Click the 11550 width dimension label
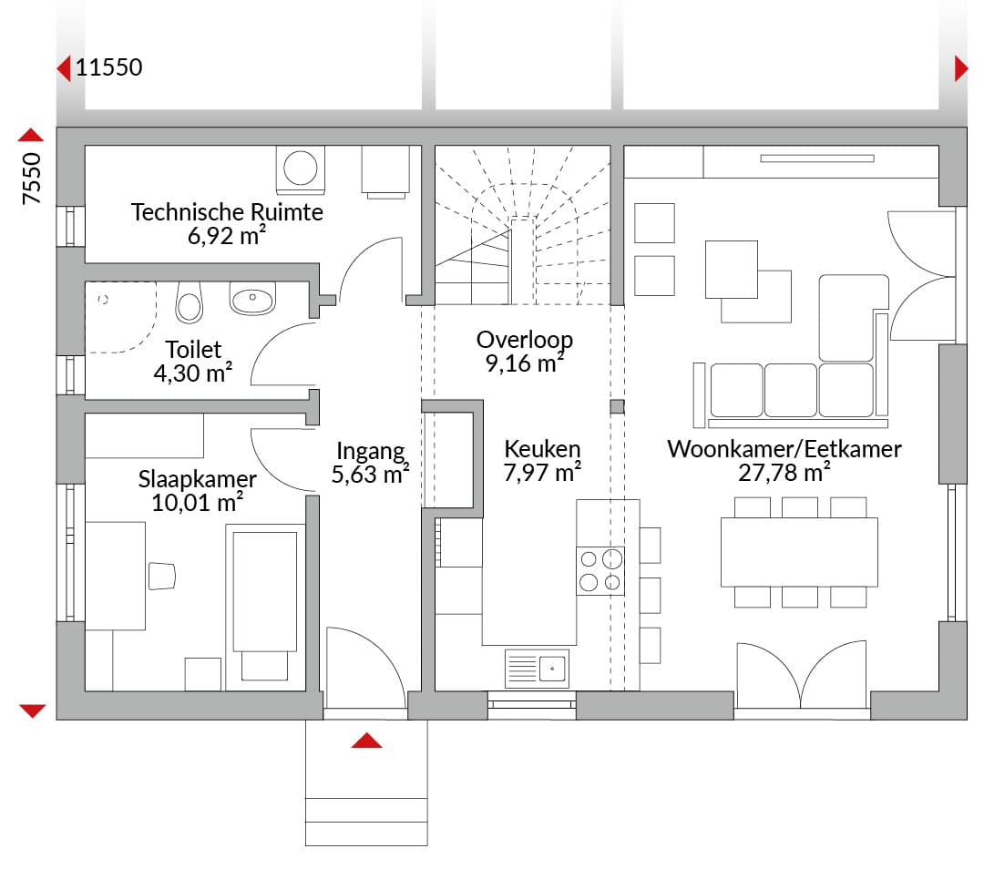pos(109,67)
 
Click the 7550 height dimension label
pos(31,179)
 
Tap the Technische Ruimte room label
pos(227,212)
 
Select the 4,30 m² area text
pos(192,373)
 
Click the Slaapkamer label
pos(197,479)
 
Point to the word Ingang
pos(370,451)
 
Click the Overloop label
pos(525,340)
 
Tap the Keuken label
pos(542,449)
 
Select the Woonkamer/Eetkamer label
pos(784,449)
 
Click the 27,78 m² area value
pos(784,473)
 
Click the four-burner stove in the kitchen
pos(600,571)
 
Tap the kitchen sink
pos(537,669)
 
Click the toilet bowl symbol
pos(189,302)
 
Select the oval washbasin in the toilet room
pos(252,298)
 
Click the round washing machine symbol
pos(301,169)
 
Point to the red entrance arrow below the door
pos(366,741)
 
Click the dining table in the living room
pos(799,552)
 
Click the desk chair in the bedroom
pos(161,576)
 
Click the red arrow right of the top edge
pos(961,68)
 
